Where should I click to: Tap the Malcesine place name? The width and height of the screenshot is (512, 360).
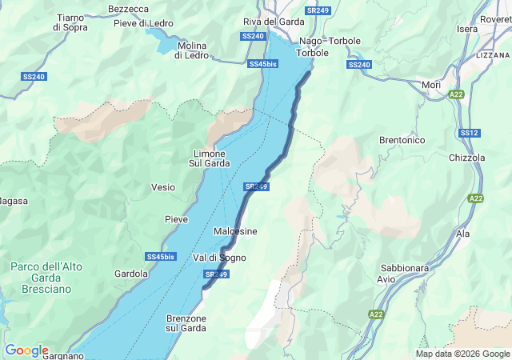coord(235,231)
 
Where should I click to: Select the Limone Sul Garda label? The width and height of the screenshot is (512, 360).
coord(210,158)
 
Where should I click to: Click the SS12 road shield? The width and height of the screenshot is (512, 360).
coord(470,133)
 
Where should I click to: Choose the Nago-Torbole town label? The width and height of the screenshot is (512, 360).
coord(330,41)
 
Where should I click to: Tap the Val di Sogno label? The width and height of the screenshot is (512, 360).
coord(219,258)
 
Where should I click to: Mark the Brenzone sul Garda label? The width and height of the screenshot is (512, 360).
coord(186,323)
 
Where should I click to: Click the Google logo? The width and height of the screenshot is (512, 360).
coord(26,350)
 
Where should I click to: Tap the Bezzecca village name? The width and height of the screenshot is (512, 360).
coord(128,9)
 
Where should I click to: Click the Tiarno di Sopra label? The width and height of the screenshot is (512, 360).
coord(70,22)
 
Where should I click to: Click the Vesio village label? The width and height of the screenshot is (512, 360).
coord(163,187)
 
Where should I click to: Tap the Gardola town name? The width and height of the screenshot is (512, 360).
coord(131,274)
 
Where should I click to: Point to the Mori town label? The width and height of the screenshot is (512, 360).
coord(430,84)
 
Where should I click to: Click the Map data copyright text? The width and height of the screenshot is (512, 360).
coord(462,354)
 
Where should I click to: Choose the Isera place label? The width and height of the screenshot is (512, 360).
coord(467,29)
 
